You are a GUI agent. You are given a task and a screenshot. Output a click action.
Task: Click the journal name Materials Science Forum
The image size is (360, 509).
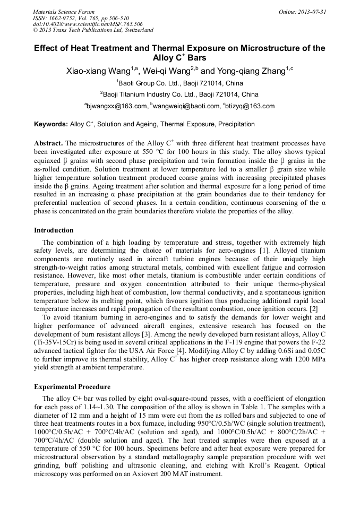click(64, 11)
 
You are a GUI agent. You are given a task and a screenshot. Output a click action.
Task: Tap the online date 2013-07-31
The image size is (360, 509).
click(307, 11)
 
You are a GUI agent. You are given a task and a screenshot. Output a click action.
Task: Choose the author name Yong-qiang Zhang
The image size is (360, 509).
click(251, 72)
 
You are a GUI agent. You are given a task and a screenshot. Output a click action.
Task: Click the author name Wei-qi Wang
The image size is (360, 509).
click(169, 72)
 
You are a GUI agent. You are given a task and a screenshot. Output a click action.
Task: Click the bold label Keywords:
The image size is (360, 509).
click(51, 124)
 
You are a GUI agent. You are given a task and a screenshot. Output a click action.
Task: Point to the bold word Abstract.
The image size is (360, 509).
click(48, 143)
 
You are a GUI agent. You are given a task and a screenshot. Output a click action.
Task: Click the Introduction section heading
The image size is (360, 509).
click(54, 230)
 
